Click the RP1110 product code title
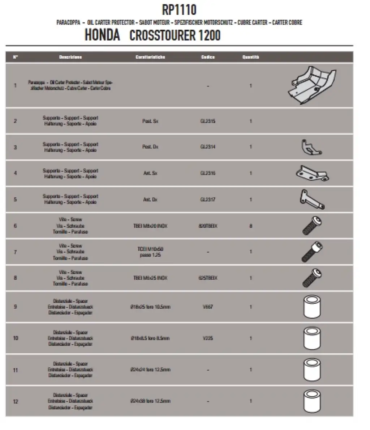179,10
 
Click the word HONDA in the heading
102,35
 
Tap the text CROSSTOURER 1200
175,35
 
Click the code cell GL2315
208,121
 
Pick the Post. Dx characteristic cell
150,147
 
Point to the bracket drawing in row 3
310,147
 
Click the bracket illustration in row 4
312,173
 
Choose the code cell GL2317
208,199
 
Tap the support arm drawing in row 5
311,199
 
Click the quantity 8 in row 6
251,226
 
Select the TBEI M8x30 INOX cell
150,226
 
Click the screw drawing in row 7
312,252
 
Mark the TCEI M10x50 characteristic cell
150,252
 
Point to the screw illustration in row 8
312,278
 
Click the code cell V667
208,307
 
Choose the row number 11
15,370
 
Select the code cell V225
208,338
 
